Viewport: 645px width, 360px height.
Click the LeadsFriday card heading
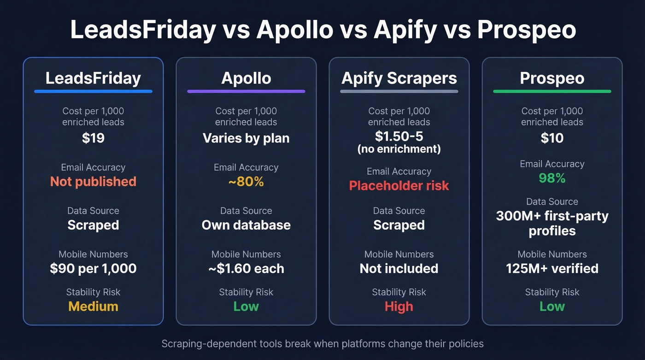pos(93,78)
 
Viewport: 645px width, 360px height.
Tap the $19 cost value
pos(93,138)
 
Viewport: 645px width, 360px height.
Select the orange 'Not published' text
pos(93,182)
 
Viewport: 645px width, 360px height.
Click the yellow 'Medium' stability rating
pos(93,307)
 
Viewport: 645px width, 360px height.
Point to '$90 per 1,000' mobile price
pos(93,269)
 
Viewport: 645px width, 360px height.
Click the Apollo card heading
pos(246,78)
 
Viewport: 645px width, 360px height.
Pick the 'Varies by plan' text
pos(246,138)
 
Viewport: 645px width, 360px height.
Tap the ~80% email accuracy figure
pos(246,182)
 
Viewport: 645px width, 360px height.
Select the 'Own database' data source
pos(246,225)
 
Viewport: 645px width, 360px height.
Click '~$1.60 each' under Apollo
pos(246,269)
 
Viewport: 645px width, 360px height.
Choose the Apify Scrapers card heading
pos(399,78)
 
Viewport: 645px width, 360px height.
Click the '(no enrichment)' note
pos(399,149)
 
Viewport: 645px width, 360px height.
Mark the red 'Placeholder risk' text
pos(399,186)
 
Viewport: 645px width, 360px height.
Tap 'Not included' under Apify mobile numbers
pos(399,269)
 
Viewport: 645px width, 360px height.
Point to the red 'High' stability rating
pos(399,307)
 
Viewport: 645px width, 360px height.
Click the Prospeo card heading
pos(552,78)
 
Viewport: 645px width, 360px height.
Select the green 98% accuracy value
pos(552,178)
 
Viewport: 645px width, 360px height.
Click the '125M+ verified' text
pos(552,269)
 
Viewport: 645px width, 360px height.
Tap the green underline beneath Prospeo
pos(552,91)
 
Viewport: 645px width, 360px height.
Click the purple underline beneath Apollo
pos(246,91)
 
